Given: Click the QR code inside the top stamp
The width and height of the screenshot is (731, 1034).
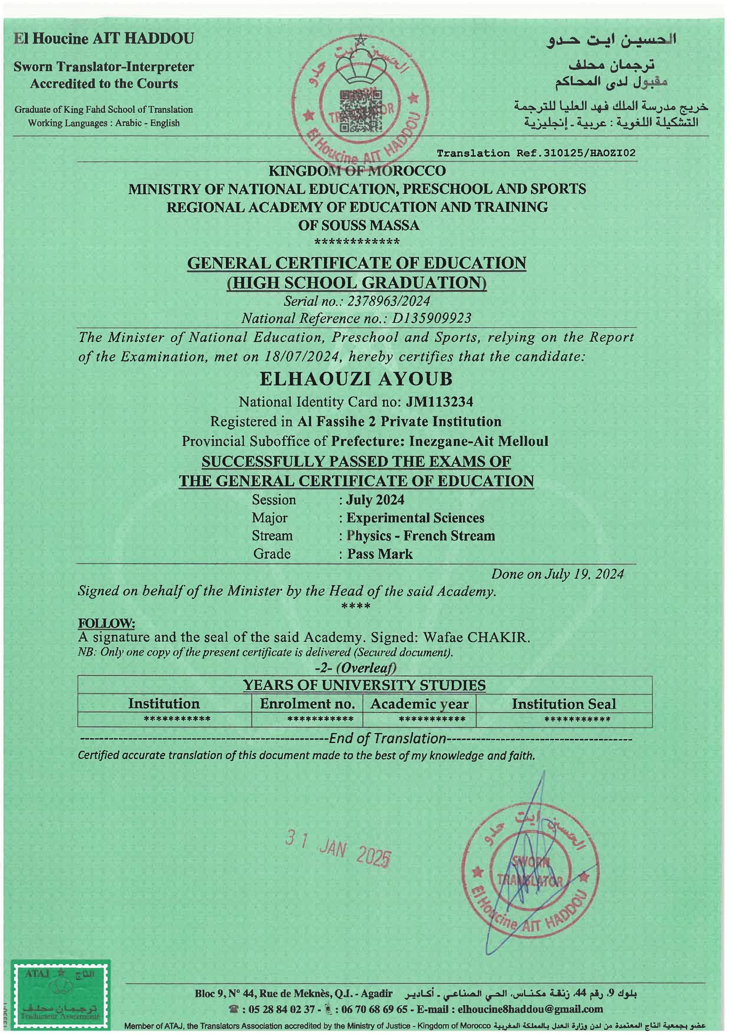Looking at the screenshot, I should coord(361,110).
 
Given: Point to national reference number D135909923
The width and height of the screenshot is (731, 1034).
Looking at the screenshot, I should coord(431,318).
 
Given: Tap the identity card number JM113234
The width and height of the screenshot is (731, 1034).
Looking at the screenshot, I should coord(439,402).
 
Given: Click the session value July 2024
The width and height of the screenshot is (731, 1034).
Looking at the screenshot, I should coord(375,500).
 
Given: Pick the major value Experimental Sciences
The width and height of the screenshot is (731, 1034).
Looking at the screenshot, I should coord(415,518).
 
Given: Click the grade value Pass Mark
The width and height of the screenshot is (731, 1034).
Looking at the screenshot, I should coord(380,554).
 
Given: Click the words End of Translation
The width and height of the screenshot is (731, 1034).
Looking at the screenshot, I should coord(387,739).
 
